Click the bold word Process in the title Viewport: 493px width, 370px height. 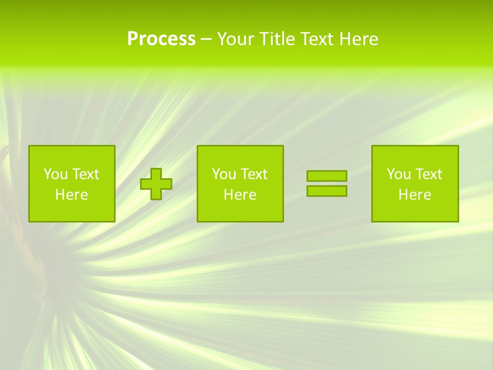click(x=161, y=39)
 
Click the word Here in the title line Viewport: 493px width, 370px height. click(x=359, y=39)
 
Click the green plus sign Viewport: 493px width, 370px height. click(x=156, y=184)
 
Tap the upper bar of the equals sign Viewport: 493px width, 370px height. click(x=327, y=176)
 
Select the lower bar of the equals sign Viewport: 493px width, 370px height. click(x=327, y=191)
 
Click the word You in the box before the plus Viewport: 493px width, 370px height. click(x=55, y=174)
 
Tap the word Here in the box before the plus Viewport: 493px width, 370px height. click(x=71, y=195)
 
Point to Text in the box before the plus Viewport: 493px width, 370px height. click(x=85, y=174)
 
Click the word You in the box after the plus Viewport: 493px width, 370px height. click(x=223, y=174)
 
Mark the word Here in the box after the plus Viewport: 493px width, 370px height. click(x=240, y=195)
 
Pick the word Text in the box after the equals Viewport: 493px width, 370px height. click(x=428, y=174)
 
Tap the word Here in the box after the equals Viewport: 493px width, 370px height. click(x=415, y=195)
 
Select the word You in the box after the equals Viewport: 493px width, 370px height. click(x=399, y=174)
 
